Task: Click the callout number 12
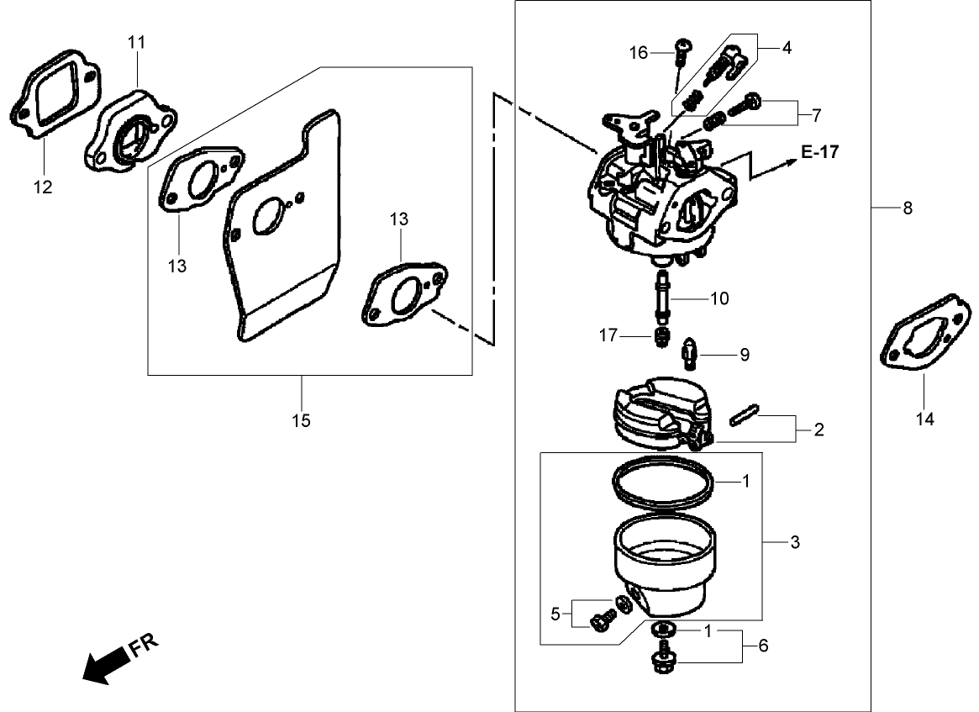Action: (x=43, y=187)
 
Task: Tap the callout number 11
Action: (x=137, y=41)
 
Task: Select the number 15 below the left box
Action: (x=301, y=419)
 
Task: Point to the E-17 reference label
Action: (x=818, y=152)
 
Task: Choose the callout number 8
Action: (x=907, y=208)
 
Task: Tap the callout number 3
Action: (x=795, y=542)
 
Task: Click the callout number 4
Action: (x=787, y=48)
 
